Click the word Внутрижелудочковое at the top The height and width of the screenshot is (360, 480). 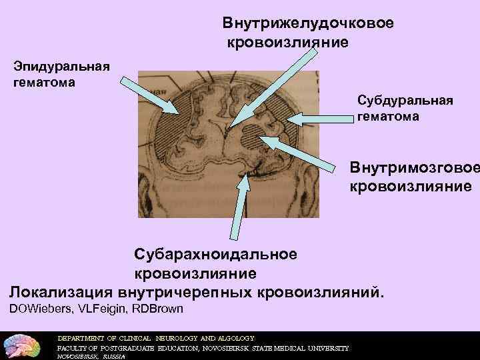click(x=308, y=23)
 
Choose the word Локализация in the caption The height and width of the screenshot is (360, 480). click(x=61, y=292)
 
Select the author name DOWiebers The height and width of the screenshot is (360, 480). click(x=39, y=309)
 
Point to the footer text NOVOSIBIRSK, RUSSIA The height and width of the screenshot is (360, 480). click(x=86, y=357)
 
